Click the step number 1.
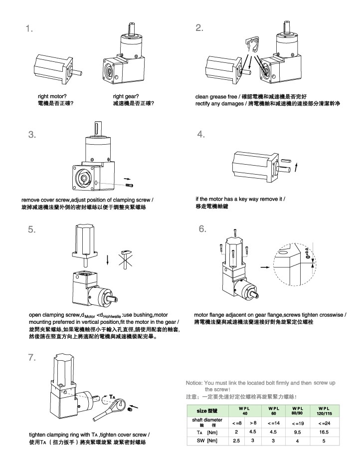click(x=30, y=28)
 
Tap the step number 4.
click(x=201, y=134)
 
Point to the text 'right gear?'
click(x=126, y=96)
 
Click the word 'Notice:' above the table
click(x=194, y=383)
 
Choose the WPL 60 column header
click(x=273, y=411)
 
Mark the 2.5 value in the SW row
click(x=236, y=442)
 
